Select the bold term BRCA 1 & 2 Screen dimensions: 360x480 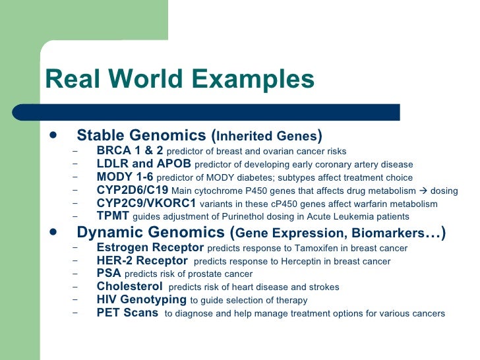click(130, 150)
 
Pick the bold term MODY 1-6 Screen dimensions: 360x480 click(125, 177)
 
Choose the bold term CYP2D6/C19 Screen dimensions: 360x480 click(132, 190)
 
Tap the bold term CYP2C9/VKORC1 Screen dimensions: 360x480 click(146, 203)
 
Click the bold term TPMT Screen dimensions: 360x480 click(113, 216)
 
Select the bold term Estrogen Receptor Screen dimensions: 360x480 click(150, 248)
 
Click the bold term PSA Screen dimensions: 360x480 click(109, 274)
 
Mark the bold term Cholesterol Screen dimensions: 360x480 click(129, 286)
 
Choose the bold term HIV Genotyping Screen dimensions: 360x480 click(141, 299)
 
